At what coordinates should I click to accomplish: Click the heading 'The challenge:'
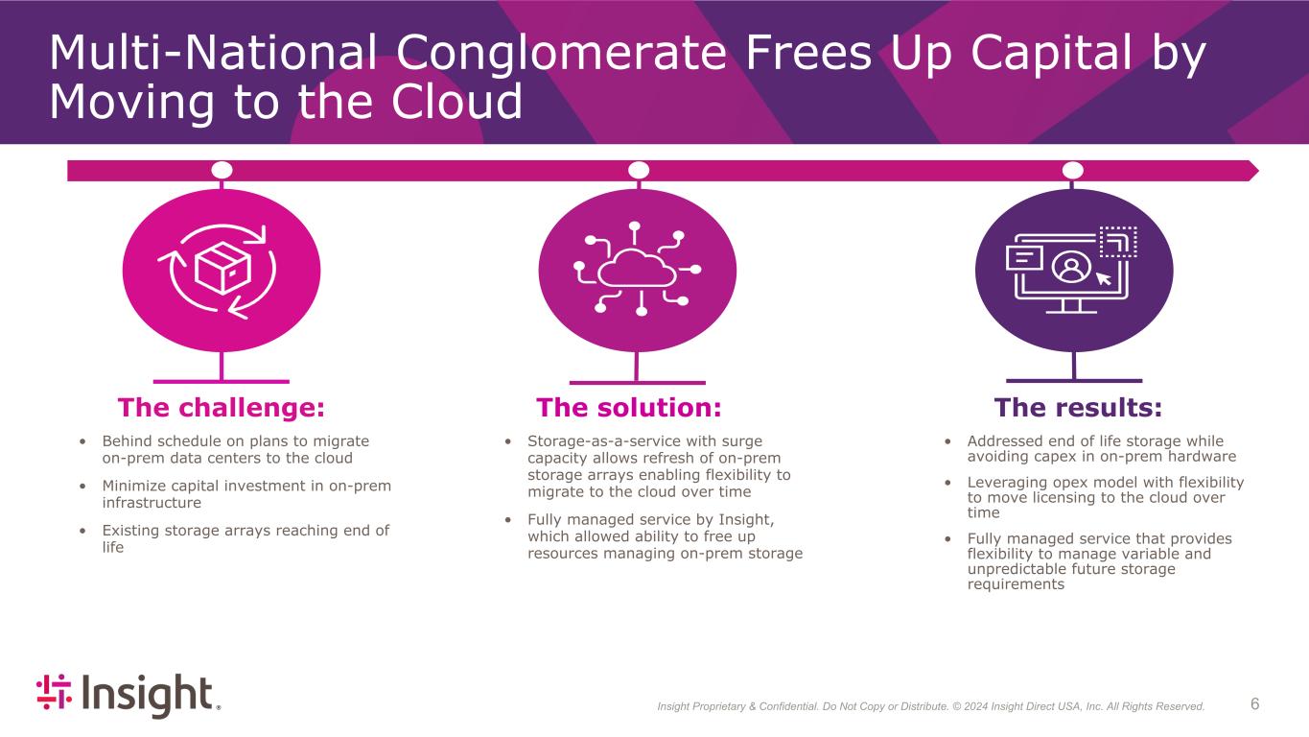click(x=222, y=408)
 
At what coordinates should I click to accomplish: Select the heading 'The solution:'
click(x=628, y=408)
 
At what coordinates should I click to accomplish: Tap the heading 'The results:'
click(x=1078, y=408)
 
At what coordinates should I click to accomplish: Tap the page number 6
click(x=1255, y=704)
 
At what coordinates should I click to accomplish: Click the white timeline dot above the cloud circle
click(x=638, y=170)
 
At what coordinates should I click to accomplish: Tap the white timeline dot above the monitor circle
click(x=1073, y=170)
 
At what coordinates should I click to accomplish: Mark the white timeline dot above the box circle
click(x=222, y=170)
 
